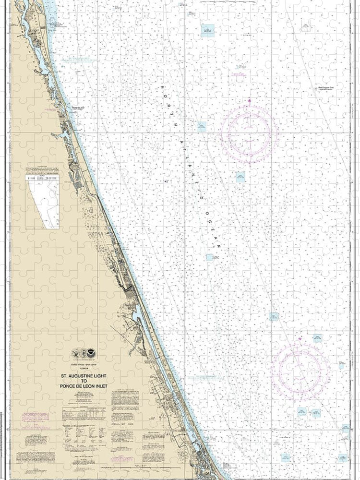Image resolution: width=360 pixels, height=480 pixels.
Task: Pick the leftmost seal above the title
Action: pos(76,354)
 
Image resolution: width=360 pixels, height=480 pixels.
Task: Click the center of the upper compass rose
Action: pos(249,131)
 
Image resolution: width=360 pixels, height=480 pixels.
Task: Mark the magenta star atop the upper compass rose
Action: pos(249,101)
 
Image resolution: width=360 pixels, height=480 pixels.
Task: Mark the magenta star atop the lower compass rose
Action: pos(300,339)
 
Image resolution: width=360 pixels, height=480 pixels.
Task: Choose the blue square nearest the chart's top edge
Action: pos(207,31)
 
